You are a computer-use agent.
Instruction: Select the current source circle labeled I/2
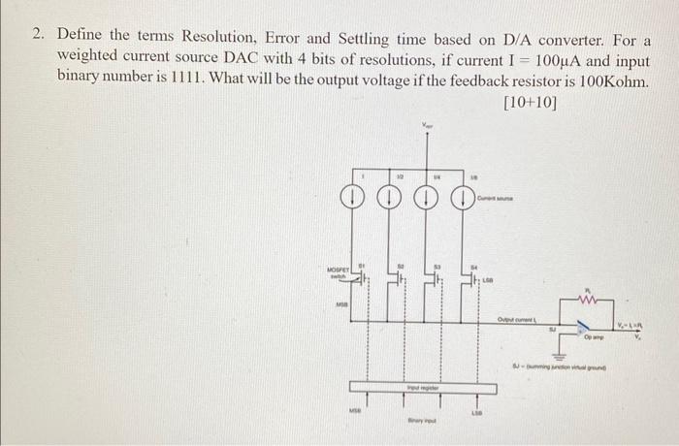(389, 200)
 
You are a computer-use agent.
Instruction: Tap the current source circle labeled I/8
(463, 200)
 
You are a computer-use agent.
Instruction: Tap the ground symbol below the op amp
(561, 351)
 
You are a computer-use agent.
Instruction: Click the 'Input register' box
(423, 388)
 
